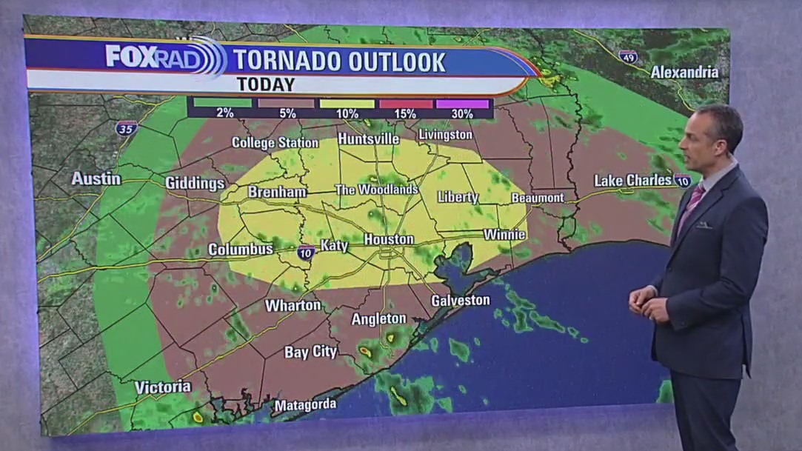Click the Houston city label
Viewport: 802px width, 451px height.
(389, 239)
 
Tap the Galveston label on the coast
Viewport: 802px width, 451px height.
(461, 300)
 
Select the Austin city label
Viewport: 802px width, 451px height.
(96, 178)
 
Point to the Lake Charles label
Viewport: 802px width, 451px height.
(633, 180)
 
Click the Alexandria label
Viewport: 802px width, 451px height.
(684, 72)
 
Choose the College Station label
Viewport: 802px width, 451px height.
(274, 142)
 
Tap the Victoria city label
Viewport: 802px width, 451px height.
(163, 387)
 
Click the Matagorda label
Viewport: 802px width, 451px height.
(305, 405)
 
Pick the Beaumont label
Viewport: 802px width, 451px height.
(538, 198)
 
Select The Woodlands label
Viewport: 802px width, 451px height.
(376, 190)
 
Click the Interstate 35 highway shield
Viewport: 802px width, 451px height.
(127, 127)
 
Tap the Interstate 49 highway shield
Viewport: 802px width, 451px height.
(628, 56)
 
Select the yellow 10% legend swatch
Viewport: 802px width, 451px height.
(347, 104)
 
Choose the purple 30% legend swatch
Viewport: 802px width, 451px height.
(463, 104)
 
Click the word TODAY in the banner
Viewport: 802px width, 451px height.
(266, 84)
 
